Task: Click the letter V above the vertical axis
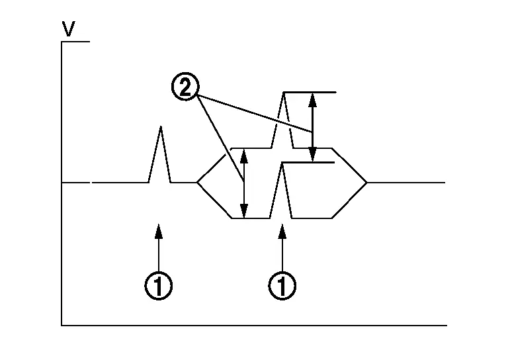(x=69, y=29)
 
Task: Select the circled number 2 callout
(x=185, y=87)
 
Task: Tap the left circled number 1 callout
(x=159, y=286)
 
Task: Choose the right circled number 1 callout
(x=282, y=286)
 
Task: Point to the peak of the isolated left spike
(x=160, y=126)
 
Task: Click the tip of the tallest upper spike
(x=284, y=93)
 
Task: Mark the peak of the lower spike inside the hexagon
(x=282, y=163)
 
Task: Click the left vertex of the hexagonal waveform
(x=197, y=183)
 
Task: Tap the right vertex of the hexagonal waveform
(x=366, y=183)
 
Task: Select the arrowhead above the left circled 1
(x=159, y=231)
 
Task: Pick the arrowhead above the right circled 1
(x=282, y=231)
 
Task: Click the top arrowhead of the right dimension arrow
(x=312, y=100)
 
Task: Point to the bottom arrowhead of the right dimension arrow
(x=312, y=155)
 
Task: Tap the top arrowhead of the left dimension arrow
(x=244, y=156)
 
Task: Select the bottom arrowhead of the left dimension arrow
(x=244, y=211)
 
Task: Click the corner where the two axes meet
(x=62, y=325)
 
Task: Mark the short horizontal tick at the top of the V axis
(x=75, y=42)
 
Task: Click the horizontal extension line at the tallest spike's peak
(x=310, y=93)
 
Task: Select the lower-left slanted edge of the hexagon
(x=214, y=201)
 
